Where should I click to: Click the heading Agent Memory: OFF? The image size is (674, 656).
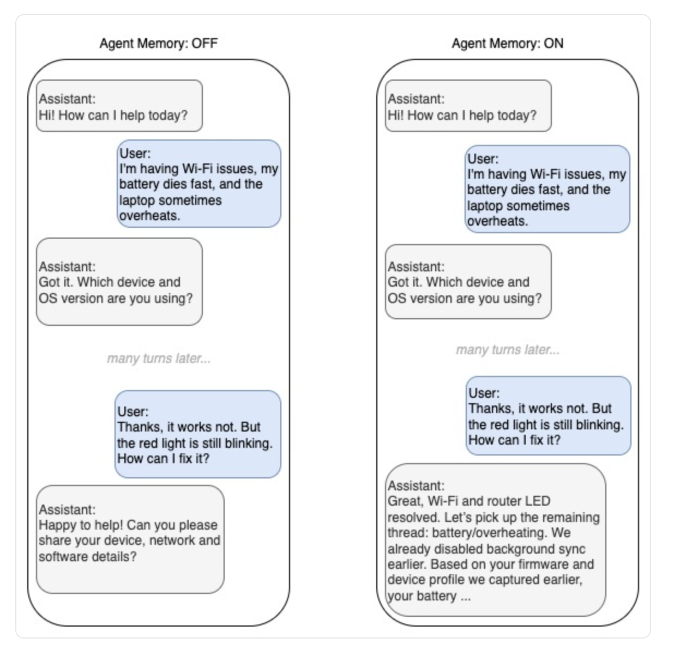coord(159,44)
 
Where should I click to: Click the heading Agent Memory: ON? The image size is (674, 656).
coord(507,44)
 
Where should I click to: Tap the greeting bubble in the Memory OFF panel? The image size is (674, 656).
coord(119,106)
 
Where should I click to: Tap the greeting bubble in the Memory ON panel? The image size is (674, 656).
coord(468,106)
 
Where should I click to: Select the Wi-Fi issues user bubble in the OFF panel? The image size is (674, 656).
coord(199,184)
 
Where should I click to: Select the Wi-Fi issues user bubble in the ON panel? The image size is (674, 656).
coord(547,189)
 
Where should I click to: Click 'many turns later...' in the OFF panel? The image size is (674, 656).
coord(159,359)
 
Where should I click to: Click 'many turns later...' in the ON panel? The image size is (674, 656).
coord(508,350)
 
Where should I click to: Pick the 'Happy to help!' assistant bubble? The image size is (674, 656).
coord(130,539)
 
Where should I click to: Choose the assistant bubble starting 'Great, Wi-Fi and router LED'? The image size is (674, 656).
coord(496,540)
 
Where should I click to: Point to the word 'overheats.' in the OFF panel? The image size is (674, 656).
coord(149,216)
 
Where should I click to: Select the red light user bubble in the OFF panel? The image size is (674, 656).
coord(198,434)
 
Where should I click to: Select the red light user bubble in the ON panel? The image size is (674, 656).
coord(548,416)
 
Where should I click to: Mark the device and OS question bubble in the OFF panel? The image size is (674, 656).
coord(119,282)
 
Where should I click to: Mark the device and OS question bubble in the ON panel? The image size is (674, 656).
coord(468,282)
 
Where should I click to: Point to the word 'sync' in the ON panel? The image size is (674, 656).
coord(572,549)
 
